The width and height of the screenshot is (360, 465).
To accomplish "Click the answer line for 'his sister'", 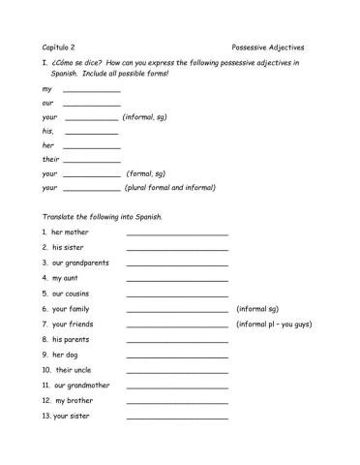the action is [x=177, y=249].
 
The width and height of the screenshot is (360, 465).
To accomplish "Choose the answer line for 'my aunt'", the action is [x=177, y=279].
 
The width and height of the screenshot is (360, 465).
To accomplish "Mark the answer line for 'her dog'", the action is [x=177, y=356].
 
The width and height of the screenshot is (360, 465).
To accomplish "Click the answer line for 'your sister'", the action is [x=177, y=418].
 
